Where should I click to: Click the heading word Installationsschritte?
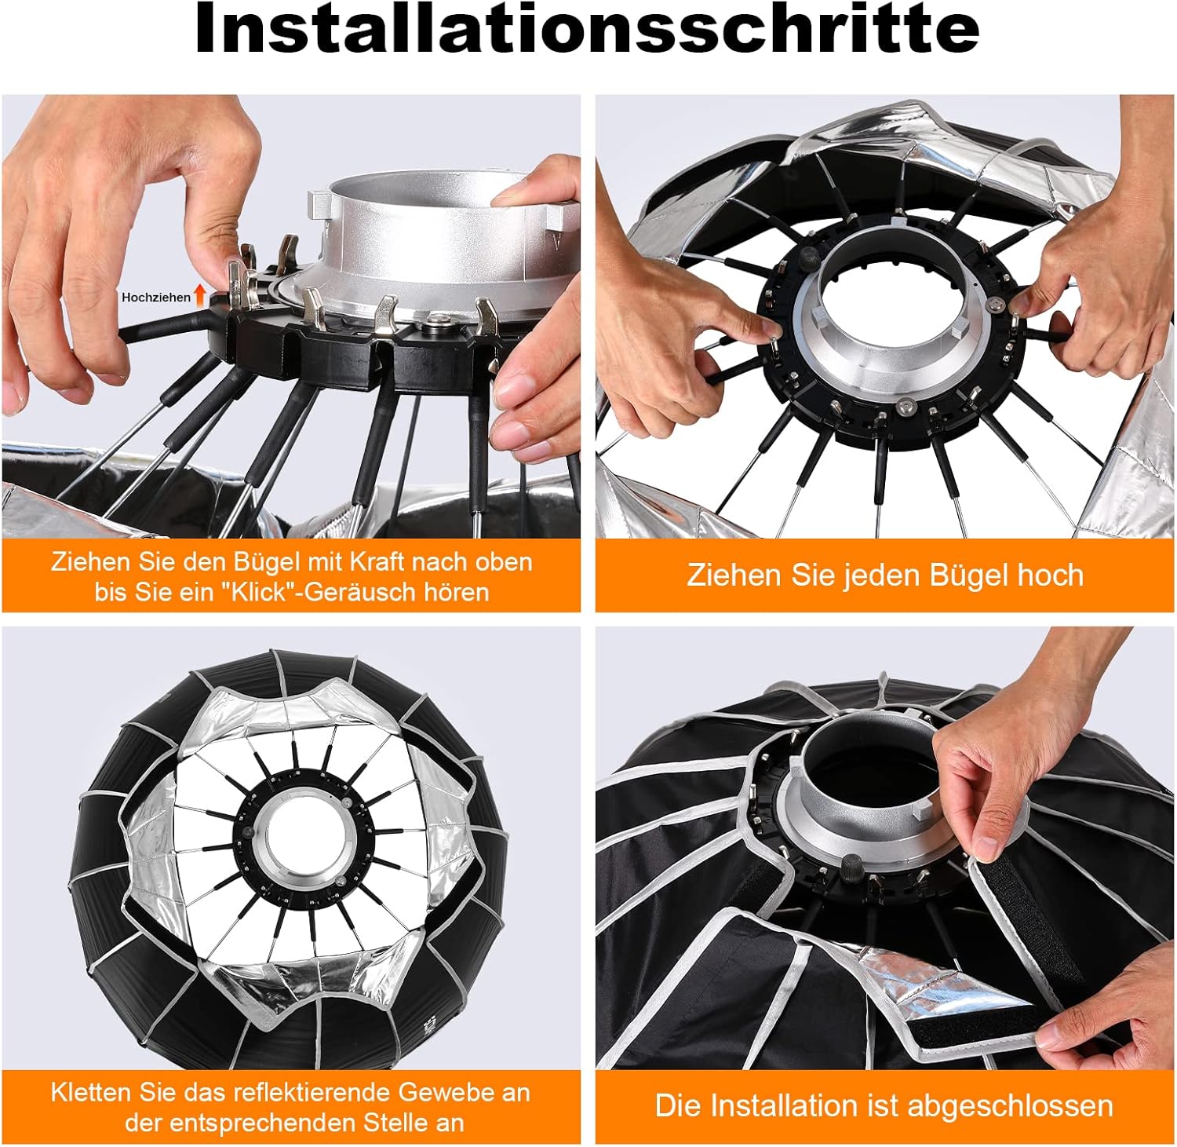pyautogui.click(x=587, y=29)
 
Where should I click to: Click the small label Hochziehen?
pyautogui.click(x=155, y=298)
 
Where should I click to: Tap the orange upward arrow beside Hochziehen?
pyautogui.click(x=200, y=295)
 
